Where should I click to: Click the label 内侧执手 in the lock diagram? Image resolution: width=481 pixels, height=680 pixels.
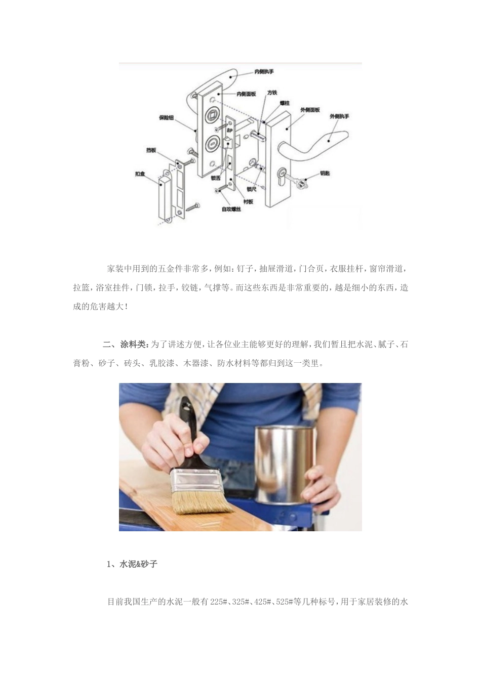[x=264, y=72]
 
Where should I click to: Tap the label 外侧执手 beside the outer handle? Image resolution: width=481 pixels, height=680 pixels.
[x=339, y=116]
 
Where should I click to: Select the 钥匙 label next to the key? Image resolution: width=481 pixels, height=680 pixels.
[x=325, y=174]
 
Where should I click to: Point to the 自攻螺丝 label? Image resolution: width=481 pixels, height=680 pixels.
[x=231, y=208]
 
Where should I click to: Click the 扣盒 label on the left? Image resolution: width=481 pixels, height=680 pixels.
[x=140, y=174]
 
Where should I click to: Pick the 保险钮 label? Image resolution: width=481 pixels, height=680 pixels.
[x=167, y=117]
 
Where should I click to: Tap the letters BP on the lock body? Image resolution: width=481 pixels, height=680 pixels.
[x=229, y=130]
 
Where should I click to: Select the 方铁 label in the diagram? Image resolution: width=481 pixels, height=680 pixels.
[x=272, y=93]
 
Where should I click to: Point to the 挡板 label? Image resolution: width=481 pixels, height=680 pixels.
[x=151, y=150]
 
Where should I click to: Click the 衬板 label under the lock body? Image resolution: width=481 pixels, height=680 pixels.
[x=248, y=201]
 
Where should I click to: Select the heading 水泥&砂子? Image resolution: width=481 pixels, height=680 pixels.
[x=138, y=564]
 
